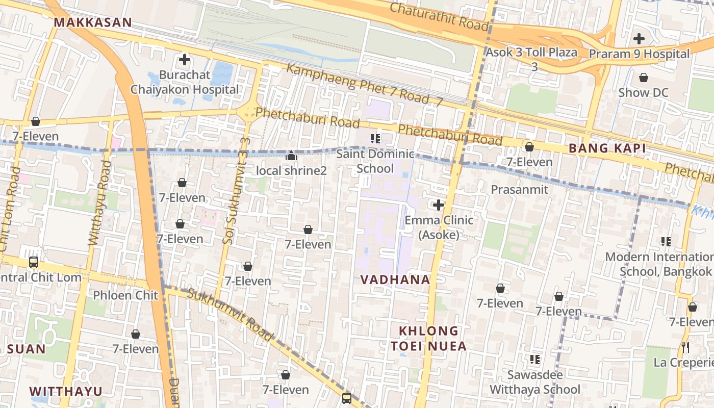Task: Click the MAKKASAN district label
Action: point(92,22)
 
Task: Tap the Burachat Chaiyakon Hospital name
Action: point(184,82)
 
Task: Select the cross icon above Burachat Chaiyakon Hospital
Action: point(185,60)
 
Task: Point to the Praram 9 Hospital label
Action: point(639,54)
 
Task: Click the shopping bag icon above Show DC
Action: point(644,78)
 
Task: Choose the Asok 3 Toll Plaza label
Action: point(531,53)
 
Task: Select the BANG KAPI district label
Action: point(607,148)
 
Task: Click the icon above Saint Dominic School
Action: point(376,138)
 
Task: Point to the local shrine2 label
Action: point(291,170)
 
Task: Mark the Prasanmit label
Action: point(519,190)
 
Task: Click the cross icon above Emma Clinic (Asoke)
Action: point(438,205)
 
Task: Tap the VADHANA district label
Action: point(395,279)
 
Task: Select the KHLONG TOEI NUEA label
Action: point(428,339)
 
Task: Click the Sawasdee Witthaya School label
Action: point(534,382)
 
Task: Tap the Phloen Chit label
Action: point(125,295)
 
